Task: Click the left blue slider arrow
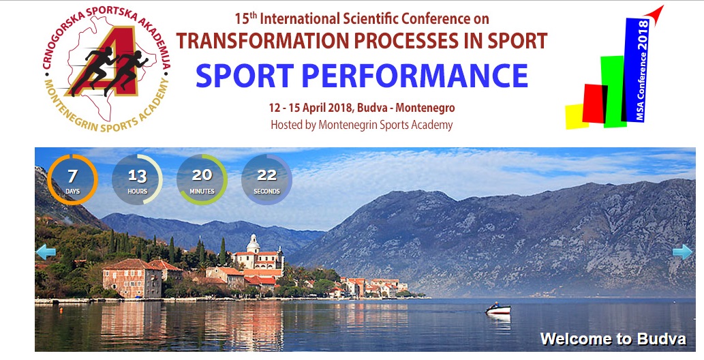coord(46,252)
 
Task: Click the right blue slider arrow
coord(682,252)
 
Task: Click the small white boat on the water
coord(498,310)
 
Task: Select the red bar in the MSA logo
coord(595,104)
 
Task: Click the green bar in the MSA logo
coord(613,91)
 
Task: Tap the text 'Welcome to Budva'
coord(613,339)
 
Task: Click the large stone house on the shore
coord(132,278)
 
